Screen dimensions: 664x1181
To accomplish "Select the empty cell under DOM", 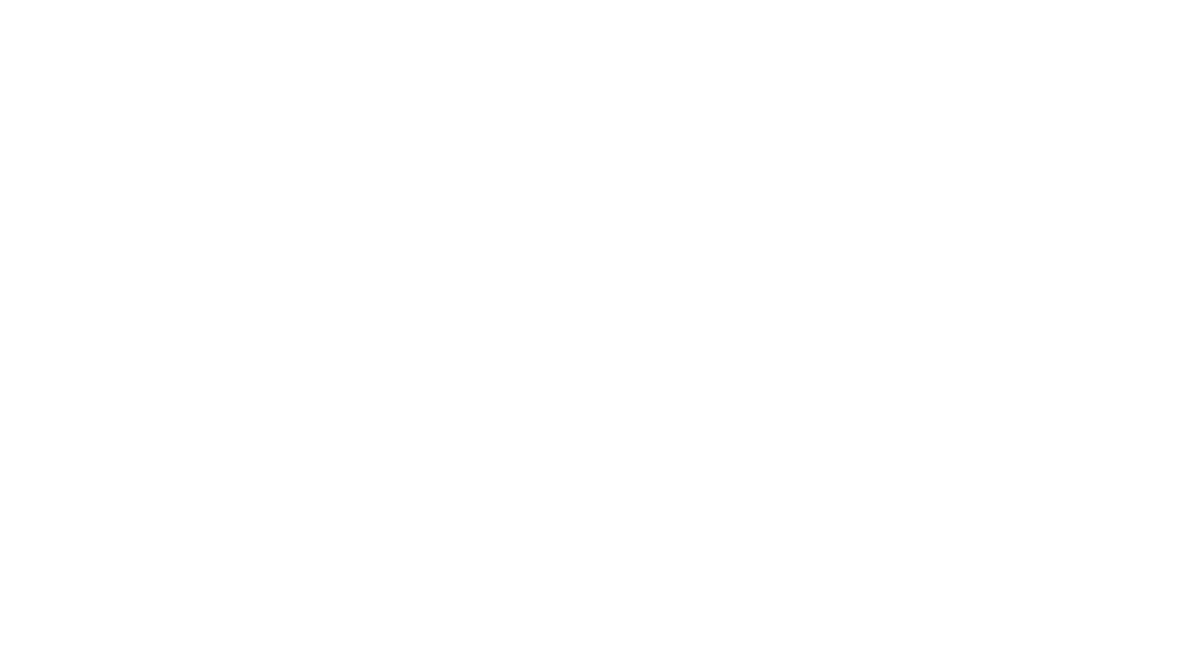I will pos(92,297).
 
